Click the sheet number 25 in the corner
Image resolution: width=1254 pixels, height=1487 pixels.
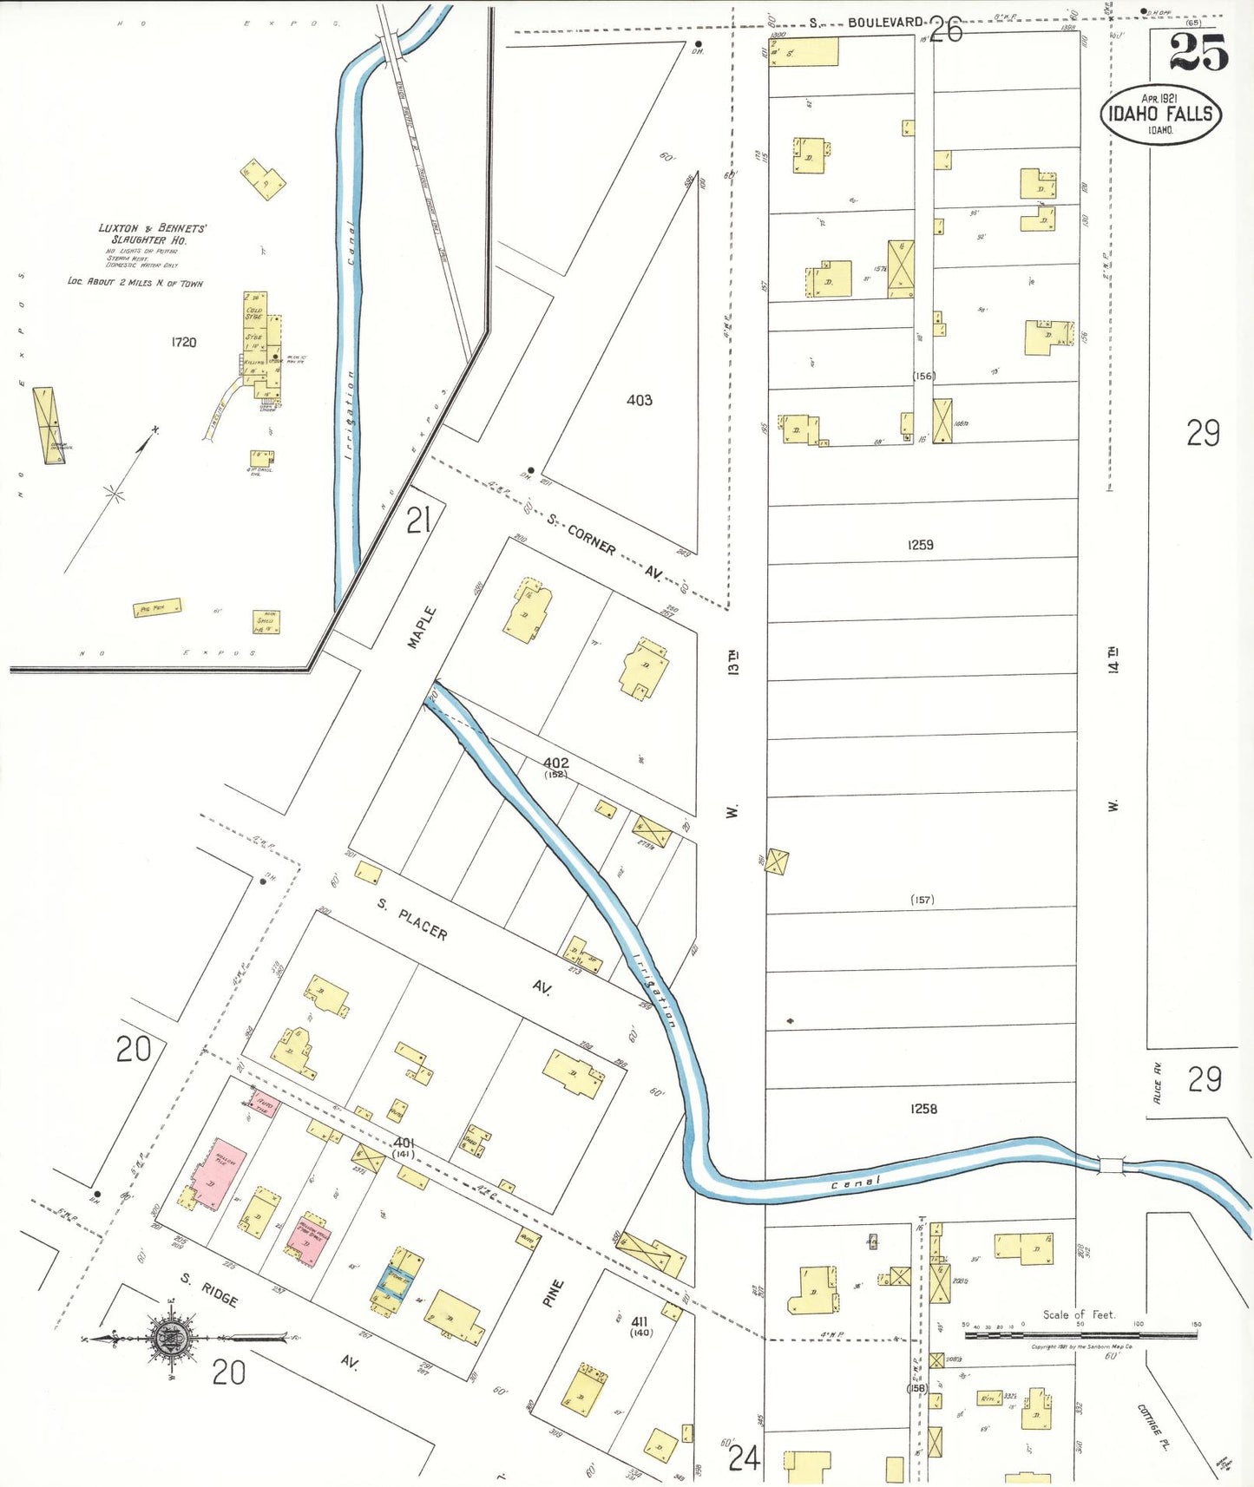1198,53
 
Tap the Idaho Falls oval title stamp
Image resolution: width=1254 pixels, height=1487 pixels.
1160,114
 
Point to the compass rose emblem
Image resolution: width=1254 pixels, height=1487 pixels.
172,1339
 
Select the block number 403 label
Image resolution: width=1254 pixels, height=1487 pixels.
640,400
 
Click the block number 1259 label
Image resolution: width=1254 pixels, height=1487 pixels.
920,545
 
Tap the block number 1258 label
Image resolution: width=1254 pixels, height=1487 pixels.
923,1109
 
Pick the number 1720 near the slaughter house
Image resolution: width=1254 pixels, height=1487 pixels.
183,342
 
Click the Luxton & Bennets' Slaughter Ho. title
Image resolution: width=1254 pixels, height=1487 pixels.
151,233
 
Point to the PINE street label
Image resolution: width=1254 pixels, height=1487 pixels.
553,1293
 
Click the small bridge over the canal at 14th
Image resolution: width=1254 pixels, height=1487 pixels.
1111,1164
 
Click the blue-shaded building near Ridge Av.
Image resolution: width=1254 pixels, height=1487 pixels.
397,1279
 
